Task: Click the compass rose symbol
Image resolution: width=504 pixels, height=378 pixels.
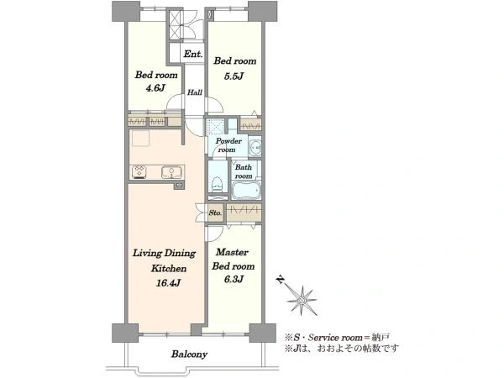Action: (x=299, y=296)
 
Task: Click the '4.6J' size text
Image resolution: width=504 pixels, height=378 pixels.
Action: (x=153, y=87)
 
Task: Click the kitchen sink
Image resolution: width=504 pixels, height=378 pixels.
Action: (x=171, y=173)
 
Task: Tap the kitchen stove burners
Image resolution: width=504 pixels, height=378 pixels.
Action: (x=139, y=173)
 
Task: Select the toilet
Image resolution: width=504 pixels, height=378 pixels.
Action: (x=217, y=183)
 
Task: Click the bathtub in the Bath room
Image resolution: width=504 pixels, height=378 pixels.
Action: (x=245, y=192)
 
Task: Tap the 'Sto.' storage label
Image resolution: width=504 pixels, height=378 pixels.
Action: (x=215, y=213)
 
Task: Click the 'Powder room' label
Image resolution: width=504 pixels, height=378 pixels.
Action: (x=228, y=144)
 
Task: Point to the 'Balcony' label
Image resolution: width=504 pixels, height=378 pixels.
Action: (x=189, y=354)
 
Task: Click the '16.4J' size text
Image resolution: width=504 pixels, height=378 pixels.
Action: (x=165, y=282)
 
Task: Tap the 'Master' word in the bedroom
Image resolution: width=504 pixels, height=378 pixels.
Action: (x=229, y=252)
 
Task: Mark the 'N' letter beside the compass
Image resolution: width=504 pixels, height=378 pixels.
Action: (x=280, y=281)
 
